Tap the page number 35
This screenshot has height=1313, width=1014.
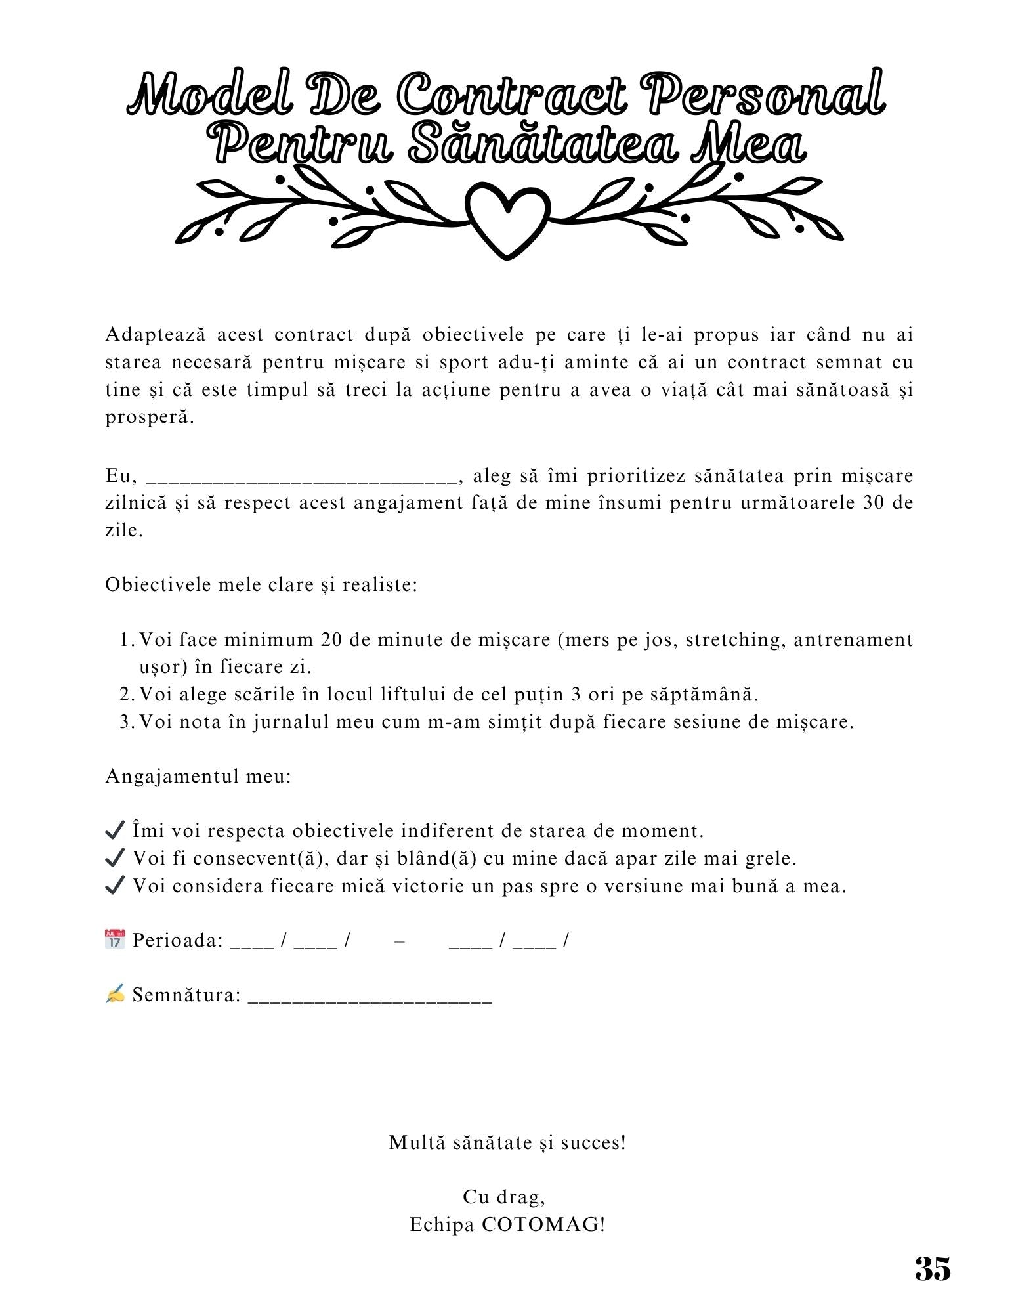click(933, 1268)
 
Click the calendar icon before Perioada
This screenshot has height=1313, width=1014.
click(115, 939)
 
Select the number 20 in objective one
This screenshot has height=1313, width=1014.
click(331, 639)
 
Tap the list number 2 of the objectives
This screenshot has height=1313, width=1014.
click(126, 694)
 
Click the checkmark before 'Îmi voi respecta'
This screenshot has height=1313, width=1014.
click(115, 830)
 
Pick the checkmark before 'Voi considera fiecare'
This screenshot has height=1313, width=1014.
click(115, 886)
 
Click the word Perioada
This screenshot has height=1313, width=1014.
click(178, 940)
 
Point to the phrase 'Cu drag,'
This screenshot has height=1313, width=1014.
click(504, 1197)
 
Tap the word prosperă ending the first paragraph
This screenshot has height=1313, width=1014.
click(150, 417)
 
